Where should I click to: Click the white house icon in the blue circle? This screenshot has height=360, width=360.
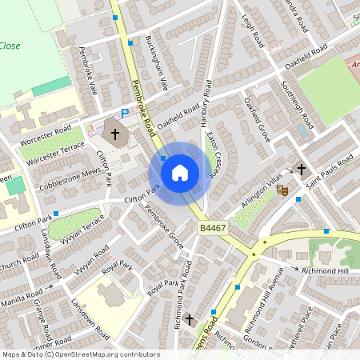(180, 171)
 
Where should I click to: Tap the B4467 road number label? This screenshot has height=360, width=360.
(212, 228)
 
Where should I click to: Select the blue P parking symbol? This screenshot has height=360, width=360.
(124, 113)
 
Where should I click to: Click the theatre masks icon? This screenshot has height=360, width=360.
(282, 190)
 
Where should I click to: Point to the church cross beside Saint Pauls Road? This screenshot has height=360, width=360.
(302, 169)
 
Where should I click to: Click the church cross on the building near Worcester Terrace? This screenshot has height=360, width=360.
(115, 134)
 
